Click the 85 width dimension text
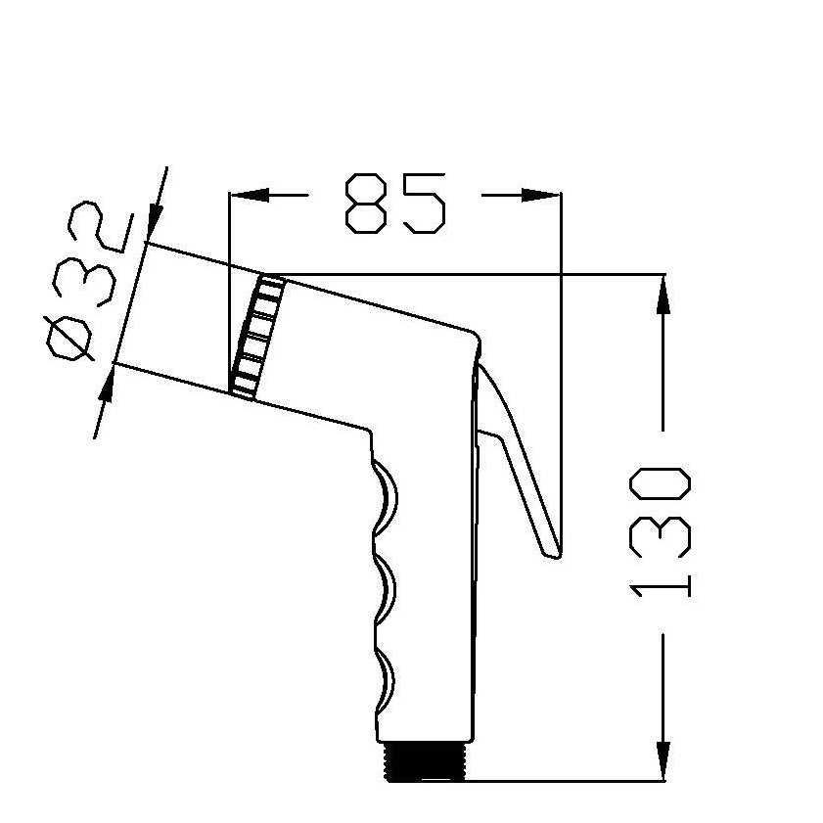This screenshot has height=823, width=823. (395, 204)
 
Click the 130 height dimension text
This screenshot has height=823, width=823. (662, 531)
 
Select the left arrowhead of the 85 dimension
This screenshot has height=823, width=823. (249, 195)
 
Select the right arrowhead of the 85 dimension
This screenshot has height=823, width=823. (541, 195)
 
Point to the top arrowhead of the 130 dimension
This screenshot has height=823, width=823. (663, 294)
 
